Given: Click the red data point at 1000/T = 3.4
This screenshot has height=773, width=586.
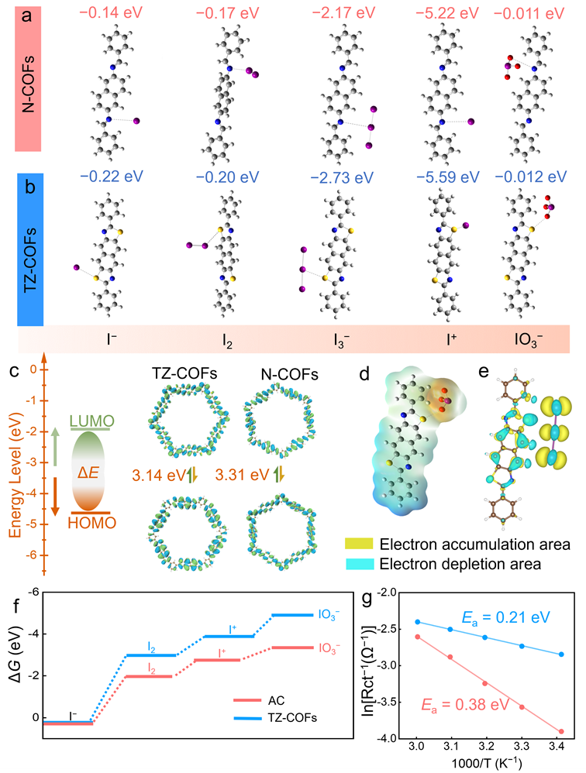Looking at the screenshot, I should tap(561, 731).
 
